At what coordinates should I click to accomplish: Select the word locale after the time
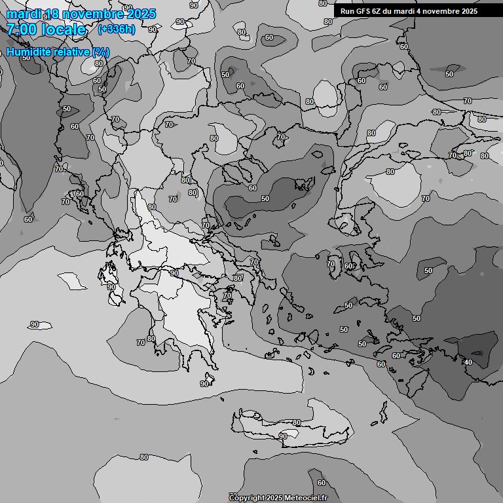pos(64,29)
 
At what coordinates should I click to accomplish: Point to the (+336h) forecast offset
pos(117,29)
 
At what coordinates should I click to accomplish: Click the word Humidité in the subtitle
pos(28,52)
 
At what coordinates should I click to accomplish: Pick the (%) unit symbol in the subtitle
pos(101,52)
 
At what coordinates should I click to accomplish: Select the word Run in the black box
pos(348,11)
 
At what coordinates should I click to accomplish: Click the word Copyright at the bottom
pos(247,498)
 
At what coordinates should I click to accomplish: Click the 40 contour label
pos(468,362)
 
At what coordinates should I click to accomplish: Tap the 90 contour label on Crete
pos(283,436)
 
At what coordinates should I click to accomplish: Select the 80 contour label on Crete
pos(297,423)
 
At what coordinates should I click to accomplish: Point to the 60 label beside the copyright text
pos(322,483)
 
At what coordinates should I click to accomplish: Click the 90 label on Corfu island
pos(111,287)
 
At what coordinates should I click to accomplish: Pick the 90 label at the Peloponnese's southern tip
pos(204,384)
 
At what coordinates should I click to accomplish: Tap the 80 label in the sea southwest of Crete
pos(144,457)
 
